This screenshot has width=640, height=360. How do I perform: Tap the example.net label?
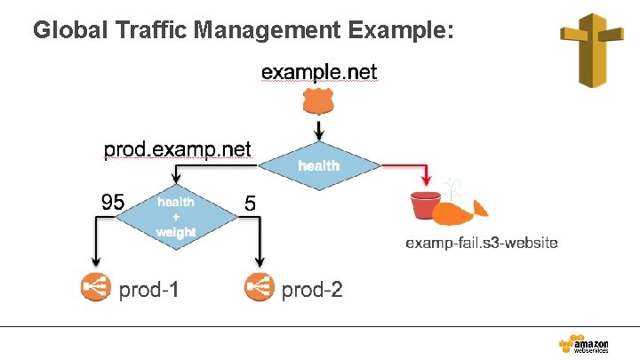[319, 71]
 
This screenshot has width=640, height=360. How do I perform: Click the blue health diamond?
[317, 165]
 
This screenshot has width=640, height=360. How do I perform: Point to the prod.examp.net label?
[178, 148]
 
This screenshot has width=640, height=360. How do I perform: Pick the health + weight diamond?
[175, 216]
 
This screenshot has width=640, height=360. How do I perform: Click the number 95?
[113, 203]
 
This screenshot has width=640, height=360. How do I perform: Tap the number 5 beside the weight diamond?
[250, 204]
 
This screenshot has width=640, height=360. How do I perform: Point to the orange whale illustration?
[463, 211]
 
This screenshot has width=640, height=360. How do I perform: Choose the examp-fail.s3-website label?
[482, 243]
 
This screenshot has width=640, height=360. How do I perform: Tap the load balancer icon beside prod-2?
[257, 288]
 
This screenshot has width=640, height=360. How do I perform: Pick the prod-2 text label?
[312, 289]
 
